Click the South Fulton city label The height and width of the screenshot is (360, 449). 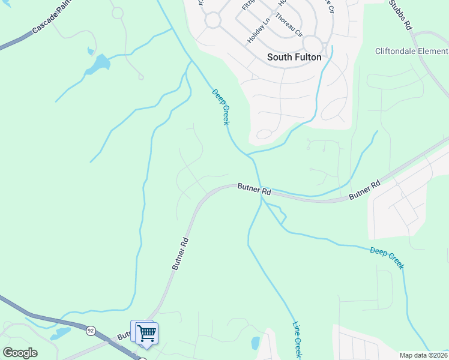click(294, 58)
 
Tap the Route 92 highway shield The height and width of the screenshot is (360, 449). click(91, 330)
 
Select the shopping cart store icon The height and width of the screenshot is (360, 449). click(146, 333)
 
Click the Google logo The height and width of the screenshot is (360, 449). click(20, 353)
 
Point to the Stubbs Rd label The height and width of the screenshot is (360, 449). click(400, 15)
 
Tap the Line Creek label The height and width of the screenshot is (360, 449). click(297, 339)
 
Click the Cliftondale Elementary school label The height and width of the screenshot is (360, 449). click(412, 51)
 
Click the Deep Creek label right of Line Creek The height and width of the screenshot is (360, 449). click(387, 257)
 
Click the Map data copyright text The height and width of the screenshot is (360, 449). click(424, 355)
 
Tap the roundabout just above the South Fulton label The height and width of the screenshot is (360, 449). click(312, 44)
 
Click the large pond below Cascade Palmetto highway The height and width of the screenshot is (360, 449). click(100, 63)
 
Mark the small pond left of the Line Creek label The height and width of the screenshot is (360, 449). click(256, 343)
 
